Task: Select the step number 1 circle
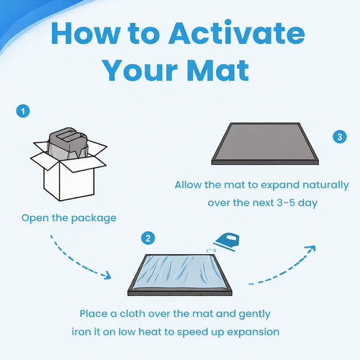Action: click(23, 111)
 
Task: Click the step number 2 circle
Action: click(148, 238)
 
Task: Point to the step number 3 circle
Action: click(340, 137)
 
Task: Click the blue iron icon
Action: click(227, 242)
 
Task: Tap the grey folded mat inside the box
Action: click(68, 143)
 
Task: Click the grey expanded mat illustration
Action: click(265, 143)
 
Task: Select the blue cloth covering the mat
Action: click(179, 273)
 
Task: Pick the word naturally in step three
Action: click(325, 185)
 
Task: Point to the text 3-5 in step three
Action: click(286, 203)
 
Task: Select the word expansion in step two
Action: click(253, 333)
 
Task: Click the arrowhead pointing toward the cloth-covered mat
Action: click(107, 275)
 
